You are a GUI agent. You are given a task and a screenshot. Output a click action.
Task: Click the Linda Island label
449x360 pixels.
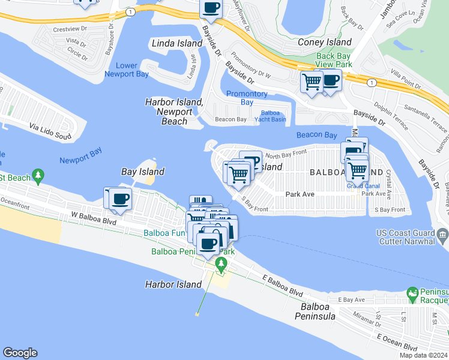pyautogui.click(x=177, y=44)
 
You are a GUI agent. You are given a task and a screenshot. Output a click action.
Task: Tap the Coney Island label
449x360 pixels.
pyautogui.click(x=325, y=43)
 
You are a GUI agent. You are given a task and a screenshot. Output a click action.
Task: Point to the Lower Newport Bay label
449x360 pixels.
pyautogui.click(x=127, y=70)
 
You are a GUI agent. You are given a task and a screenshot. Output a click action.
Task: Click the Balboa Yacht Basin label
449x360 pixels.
pyautogui.click(x=270, y=116)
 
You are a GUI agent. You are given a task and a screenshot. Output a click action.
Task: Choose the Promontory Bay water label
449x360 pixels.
pyautogui.click(x=247, y=98)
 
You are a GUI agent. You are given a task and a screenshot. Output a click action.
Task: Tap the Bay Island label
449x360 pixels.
pyautogui.click(x=143, y=172)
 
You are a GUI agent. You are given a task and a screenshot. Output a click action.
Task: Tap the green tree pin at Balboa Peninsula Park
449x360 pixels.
pyautogui.click(x=221, y=264)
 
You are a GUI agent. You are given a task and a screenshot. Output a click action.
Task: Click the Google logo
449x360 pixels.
pyautogui.click(x=20, y=353)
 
